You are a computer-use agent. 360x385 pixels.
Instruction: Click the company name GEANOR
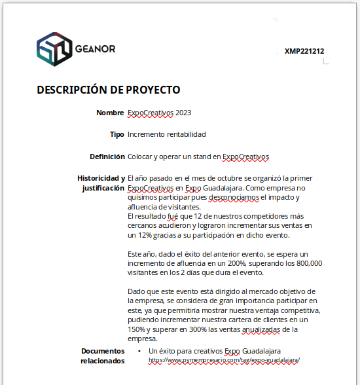point(96,49)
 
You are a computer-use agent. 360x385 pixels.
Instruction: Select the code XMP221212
point(304,51)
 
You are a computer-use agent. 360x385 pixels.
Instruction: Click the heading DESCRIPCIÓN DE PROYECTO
point(109,90)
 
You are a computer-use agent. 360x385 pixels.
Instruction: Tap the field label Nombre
point(110,113)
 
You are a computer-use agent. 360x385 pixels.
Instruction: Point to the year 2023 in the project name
point(183,113)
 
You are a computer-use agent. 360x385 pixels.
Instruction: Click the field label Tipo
point(117,134)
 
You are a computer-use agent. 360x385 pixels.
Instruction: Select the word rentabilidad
point(184,134)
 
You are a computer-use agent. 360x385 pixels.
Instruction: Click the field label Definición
point(107,156)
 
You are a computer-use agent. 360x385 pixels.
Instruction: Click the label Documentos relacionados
point(102,356)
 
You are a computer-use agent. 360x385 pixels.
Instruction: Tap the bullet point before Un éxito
point(140,352)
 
